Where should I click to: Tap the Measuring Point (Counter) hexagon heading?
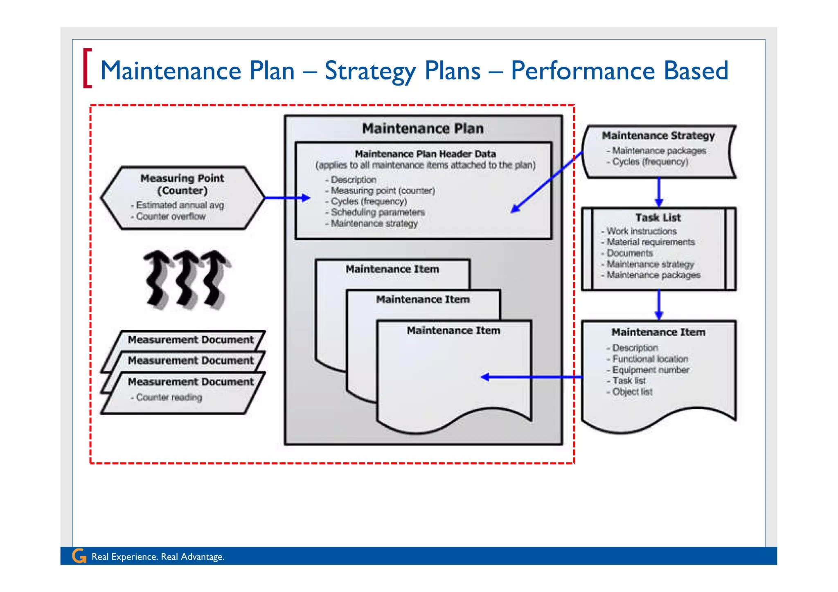182,184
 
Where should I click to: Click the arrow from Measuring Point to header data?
286,198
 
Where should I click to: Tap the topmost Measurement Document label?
190,340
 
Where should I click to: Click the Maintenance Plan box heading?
423,128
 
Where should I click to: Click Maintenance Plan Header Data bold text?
425,154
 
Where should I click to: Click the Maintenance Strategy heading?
658,135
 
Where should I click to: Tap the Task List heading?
658,218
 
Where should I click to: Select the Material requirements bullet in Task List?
650,242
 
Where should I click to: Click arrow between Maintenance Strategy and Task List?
658,192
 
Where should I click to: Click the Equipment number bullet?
650,370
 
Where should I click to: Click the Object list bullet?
632,392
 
